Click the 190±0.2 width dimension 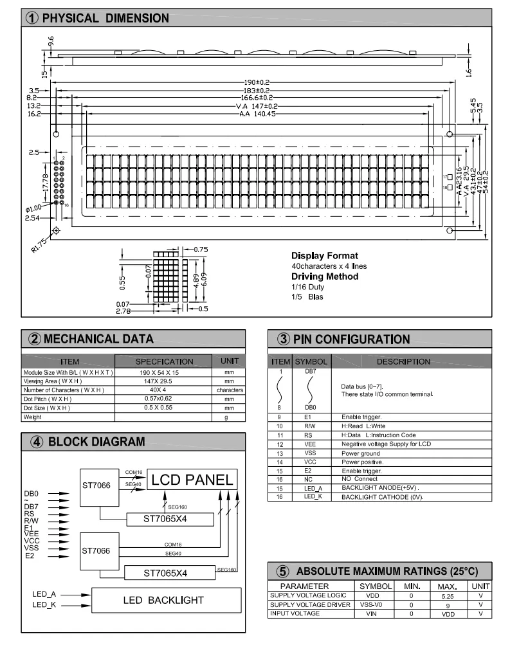[x=256, y=82]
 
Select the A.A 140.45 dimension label [x=257, y=114]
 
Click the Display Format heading [x=325, y=255]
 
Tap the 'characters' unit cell [x=230, y=390]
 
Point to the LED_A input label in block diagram [x=44, y=595]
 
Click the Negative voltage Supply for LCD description [x=386, y=444]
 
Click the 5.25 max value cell [x=448, y=596]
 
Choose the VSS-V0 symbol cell [x=375, y=605]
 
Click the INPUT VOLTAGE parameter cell [x=294, y=613]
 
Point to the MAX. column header [x=448, y=586]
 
